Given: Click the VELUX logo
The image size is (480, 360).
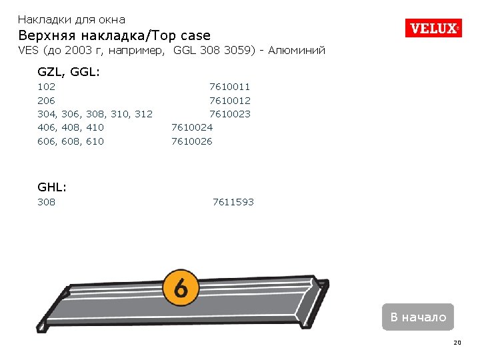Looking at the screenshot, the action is point(433,28).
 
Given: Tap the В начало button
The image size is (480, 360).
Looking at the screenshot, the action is point(418,317).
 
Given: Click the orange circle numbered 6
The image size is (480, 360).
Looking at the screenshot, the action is point(180,288).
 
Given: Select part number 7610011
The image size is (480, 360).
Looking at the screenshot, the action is point(230,87).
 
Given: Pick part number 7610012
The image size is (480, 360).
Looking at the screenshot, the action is point(230,101).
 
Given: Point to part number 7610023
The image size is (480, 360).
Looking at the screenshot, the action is point(230,114).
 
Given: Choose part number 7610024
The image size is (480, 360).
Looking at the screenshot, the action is point(192,127).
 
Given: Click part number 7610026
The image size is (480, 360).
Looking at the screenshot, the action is point(192,141).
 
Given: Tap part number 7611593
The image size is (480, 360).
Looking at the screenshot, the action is point(233,202).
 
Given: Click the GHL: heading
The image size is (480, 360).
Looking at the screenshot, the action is point(52,188).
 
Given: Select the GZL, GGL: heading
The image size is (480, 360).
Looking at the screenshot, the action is point(69,71).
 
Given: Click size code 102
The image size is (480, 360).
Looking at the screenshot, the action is point(47,87).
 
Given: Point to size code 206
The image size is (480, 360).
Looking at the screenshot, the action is point(47,101).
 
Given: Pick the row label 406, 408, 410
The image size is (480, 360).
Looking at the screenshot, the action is point(71,127).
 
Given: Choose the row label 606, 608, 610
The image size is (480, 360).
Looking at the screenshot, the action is point(71,141).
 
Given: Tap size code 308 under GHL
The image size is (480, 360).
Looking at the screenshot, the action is point(47,202).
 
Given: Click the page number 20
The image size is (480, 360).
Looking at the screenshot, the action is point(457,343).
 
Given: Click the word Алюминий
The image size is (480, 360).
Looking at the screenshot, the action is point(297,51).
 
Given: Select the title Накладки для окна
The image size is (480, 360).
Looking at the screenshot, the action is point(71,20).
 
